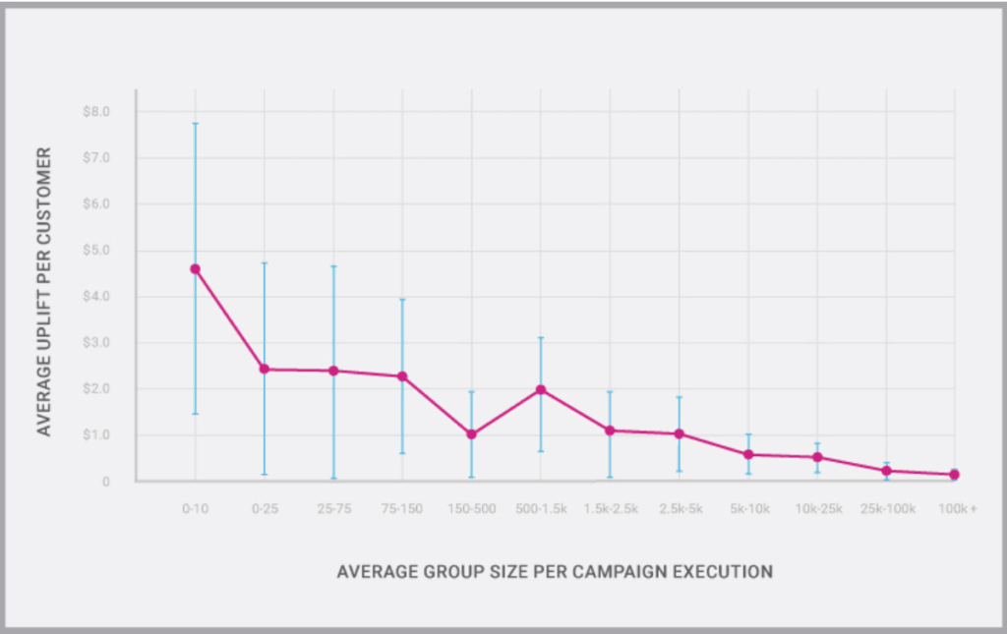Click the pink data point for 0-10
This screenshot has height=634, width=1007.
point(195,268)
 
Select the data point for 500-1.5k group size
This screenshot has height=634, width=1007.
point(541,389)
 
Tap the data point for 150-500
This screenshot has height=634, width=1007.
point(471,433)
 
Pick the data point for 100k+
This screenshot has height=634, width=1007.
point(954,475)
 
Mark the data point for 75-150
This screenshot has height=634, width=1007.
point(402,376)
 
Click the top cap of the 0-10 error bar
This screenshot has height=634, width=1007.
point(195,124)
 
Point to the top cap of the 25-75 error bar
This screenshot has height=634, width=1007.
point(333,266)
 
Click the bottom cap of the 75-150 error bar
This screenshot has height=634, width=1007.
point(402,453)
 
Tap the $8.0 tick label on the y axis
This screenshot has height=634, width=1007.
point(96,112)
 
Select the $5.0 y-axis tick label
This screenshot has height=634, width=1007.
point(96,251)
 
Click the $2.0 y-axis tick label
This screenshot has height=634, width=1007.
point(96,389)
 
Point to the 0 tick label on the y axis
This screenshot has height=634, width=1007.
point(105,482)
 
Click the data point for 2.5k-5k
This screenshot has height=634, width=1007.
point(679,433)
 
